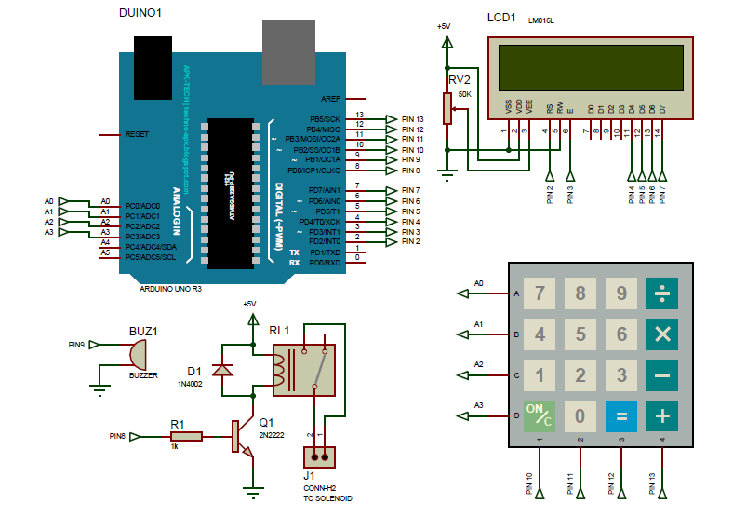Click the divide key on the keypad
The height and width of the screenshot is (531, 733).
click(x=662, y=294)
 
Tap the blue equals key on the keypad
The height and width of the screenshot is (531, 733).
click(x=621, y=415)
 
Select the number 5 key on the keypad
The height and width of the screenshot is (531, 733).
click(x=580, y=334)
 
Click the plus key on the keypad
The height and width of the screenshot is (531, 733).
click(x=662, y=415)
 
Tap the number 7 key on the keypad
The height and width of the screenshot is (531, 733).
click(x=540, y=294)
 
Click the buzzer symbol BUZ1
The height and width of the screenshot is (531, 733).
click(x=138, y=353)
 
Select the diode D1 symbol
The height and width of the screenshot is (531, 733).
click(x=222, y=370)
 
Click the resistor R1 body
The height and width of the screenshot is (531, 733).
click(x=186, y=436)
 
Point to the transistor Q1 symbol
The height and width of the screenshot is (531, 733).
click(x=242, y=436)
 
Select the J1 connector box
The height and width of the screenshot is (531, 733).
click(x=318, y=456)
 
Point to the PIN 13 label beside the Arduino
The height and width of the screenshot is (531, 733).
click(x=412, y=119)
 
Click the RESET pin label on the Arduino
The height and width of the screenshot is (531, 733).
click(x=137, y=135)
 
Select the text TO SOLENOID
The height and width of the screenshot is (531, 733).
click(x=327, y=498)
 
